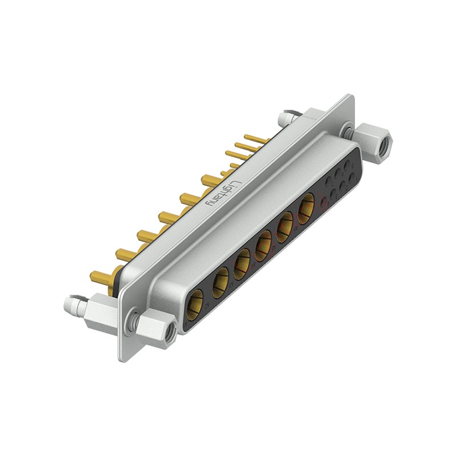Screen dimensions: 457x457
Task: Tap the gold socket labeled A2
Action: tap(220, 283)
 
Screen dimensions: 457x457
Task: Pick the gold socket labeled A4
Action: tap(263, 246)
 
